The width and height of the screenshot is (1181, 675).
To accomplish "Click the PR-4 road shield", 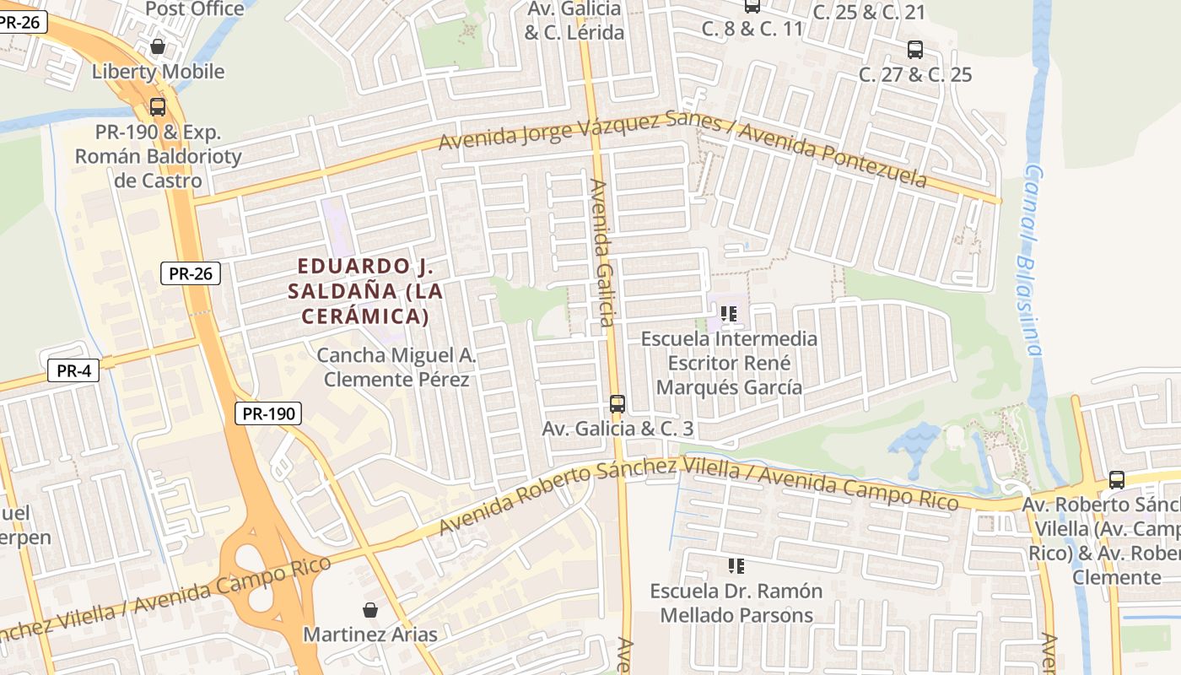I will coord(73,370).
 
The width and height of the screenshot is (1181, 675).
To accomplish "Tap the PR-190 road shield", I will coord(267,413).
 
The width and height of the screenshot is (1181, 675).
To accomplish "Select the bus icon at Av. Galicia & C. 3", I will coord(617,404).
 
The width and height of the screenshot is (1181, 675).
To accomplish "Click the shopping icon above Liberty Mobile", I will coord(157,47).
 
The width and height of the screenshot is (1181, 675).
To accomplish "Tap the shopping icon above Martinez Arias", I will coord(369,610).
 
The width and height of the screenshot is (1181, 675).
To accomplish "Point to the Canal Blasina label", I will coord(1030,258).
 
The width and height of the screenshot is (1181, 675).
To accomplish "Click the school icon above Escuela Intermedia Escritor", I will coord(729,315).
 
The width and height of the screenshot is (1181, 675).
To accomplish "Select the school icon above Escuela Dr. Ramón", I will coord(736,566).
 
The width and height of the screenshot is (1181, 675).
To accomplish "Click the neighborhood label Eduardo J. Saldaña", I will coord(364,291).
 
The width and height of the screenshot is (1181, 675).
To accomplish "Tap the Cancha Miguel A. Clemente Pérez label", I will coord(396,368).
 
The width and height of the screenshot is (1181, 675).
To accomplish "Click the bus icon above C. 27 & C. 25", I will coord(915,50).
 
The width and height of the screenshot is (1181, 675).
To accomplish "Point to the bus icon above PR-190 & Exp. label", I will coord(157,107).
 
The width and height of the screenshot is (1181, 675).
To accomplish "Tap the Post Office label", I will coord(195,9).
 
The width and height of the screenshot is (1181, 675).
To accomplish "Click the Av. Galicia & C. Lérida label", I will coord(574,21).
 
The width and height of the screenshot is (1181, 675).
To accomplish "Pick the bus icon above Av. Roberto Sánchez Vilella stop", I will coord(1117,480).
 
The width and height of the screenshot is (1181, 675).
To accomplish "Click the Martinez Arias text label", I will coord(370,634).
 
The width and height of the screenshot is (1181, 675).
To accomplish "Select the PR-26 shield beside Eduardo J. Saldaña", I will coord(190,273).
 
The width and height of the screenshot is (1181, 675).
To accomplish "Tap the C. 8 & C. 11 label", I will coord(752,29).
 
